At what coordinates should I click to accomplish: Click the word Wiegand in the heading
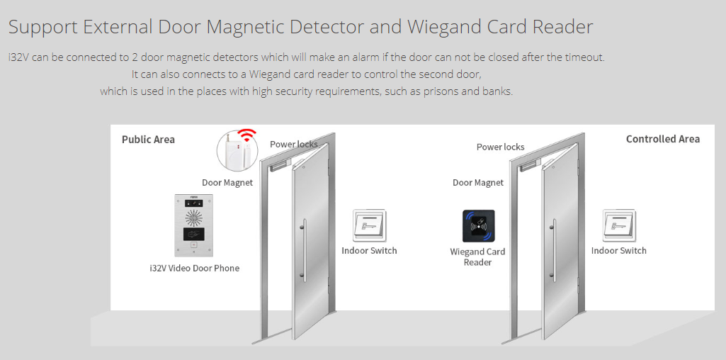click(x=446, y=27)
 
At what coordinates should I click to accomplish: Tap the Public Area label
click(x=148, y=140)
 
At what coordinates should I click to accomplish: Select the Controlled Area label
click(x=662, y=139)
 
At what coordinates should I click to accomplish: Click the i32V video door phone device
click(x=193, y=225)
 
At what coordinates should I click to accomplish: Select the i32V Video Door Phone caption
click(x=195, y=269)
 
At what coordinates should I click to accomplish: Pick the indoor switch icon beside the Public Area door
click(x=370, y=225)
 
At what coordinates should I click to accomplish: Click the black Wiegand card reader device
click(x=478, y=226)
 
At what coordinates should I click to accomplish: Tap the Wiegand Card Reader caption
click(x=477, y=257)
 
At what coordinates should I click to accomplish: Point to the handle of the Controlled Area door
click(x=554, y=249)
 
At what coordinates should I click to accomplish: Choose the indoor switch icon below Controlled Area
click(x=619, y=225)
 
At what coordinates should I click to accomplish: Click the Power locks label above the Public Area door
click(x=293, y=144)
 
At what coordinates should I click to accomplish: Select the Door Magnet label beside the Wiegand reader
click(x=478, y=183)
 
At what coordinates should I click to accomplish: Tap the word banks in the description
click(x=499, y=91)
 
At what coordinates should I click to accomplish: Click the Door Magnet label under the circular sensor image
click(x=227, y=183)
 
